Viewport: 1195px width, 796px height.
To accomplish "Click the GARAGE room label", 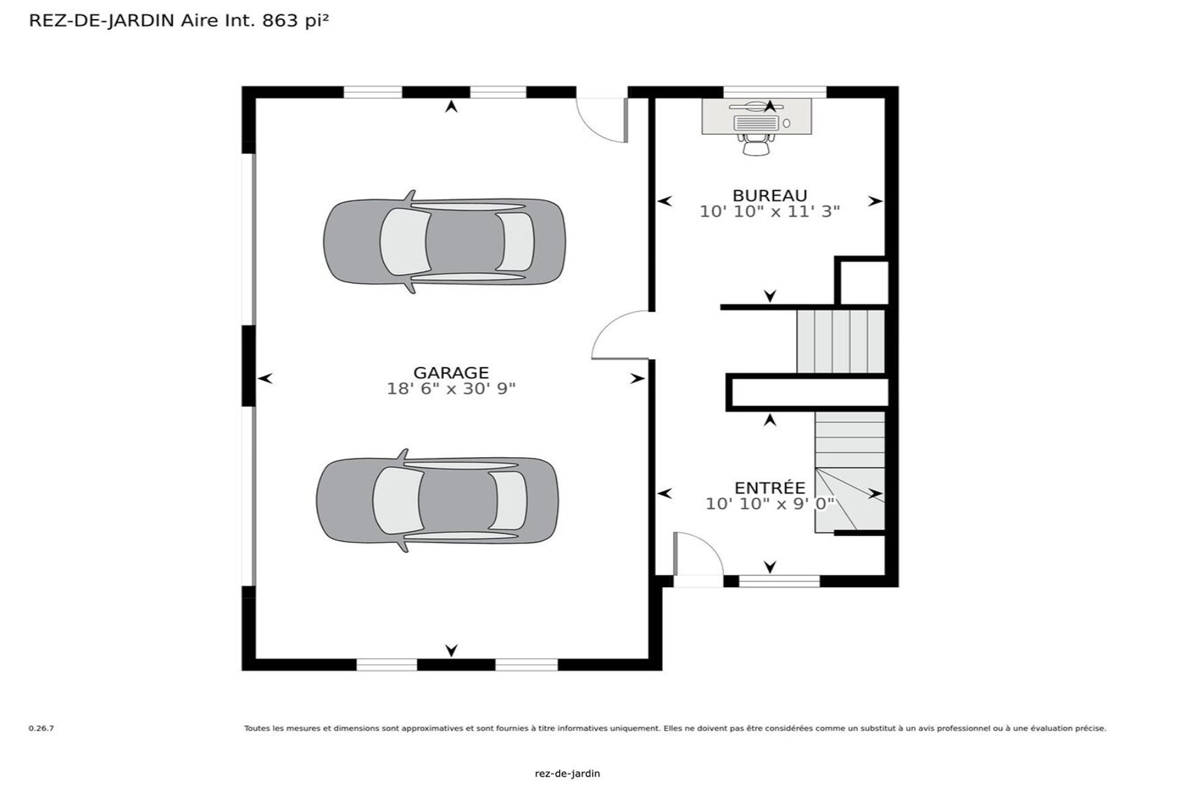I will click(451, 373).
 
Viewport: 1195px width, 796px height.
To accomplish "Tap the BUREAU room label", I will click(769, 195).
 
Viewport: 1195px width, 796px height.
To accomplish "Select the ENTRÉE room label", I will click(769, 488).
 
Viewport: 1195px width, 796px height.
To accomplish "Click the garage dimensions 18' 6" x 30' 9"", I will click(451, 389).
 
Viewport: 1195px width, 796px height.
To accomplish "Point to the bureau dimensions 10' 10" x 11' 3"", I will click(769, 211).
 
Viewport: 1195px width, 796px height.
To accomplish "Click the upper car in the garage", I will click(444, 242).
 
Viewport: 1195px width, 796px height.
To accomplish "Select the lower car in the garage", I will click(438, 501).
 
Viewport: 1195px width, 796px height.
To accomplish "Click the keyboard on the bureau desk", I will click(756, 123).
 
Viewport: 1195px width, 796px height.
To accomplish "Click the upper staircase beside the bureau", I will click(840, 341).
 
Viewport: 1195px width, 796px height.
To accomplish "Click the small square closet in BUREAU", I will click(863, 282).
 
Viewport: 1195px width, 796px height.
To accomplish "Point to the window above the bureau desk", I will click(774, 92).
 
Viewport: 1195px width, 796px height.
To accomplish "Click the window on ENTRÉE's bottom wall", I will click(779, 581).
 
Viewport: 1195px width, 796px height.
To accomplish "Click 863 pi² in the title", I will click(295, 21).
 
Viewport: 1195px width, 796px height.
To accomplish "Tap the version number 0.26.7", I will click(41, 728).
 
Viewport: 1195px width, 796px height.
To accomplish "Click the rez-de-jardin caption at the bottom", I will click(567, 774).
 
